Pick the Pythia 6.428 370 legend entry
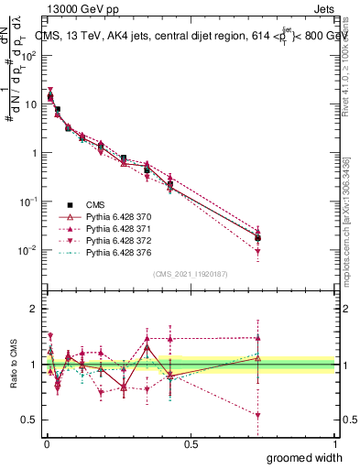[116, 216]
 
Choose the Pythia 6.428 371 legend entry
[116, 228]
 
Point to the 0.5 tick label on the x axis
[191, 443]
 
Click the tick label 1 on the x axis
[334, 443]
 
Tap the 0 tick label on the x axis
[46, 443]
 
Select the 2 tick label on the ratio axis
[34, 309]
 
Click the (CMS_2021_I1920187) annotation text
[191, 274]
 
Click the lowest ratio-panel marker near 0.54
[258, 415]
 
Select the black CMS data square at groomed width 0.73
[258, 238]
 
